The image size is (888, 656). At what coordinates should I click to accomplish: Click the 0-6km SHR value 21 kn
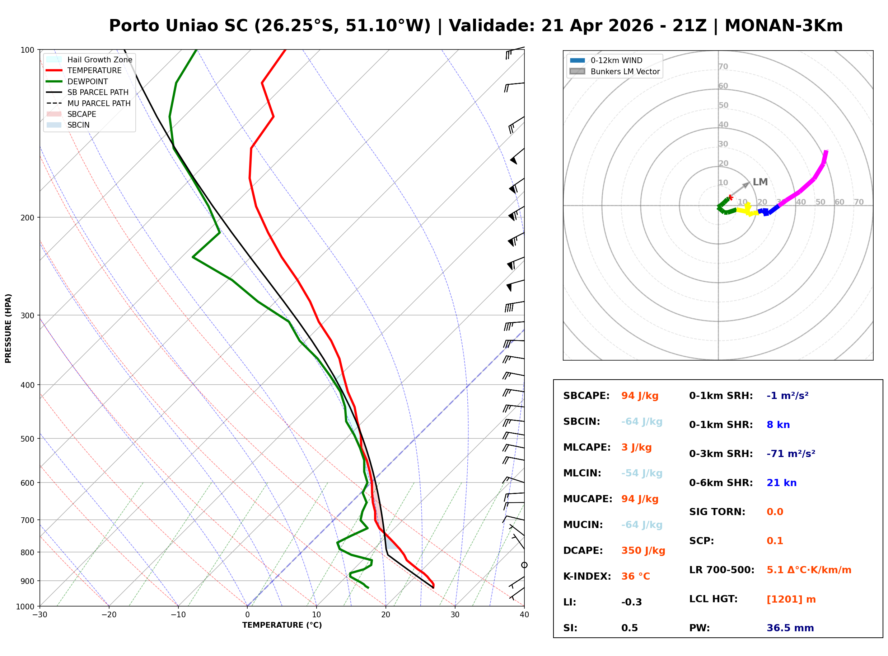(781, 483)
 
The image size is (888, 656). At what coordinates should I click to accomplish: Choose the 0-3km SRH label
(721, 454)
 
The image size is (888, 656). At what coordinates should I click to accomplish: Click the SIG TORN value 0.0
(775, 512)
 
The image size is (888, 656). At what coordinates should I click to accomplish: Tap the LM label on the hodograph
(760, 182)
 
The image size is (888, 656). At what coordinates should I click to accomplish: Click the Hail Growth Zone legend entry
(99, 60)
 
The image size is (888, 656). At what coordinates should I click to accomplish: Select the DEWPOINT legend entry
(88, 81)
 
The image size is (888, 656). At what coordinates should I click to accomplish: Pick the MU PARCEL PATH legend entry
(99, 103)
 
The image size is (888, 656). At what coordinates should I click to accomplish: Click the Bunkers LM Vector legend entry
(625, 71)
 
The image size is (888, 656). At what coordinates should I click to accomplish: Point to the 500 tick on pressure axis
(27, 439)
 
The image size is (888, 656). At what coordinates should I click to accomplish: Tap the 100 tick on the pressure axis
(27, 49)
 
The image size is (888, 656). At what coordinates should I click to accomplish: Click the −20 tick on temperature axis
(108, 615)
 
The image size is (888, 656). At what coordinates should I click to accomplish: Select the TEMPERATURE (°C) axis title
(282, 625)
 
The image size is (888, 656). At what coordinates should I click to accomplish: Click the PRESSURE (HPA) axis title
(8, 328)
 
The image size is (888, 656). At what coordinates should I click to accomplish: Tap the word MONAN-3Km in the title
(784, 26)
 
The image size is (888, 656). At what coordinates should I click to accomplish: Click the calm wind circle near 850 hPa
(524, 565)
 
